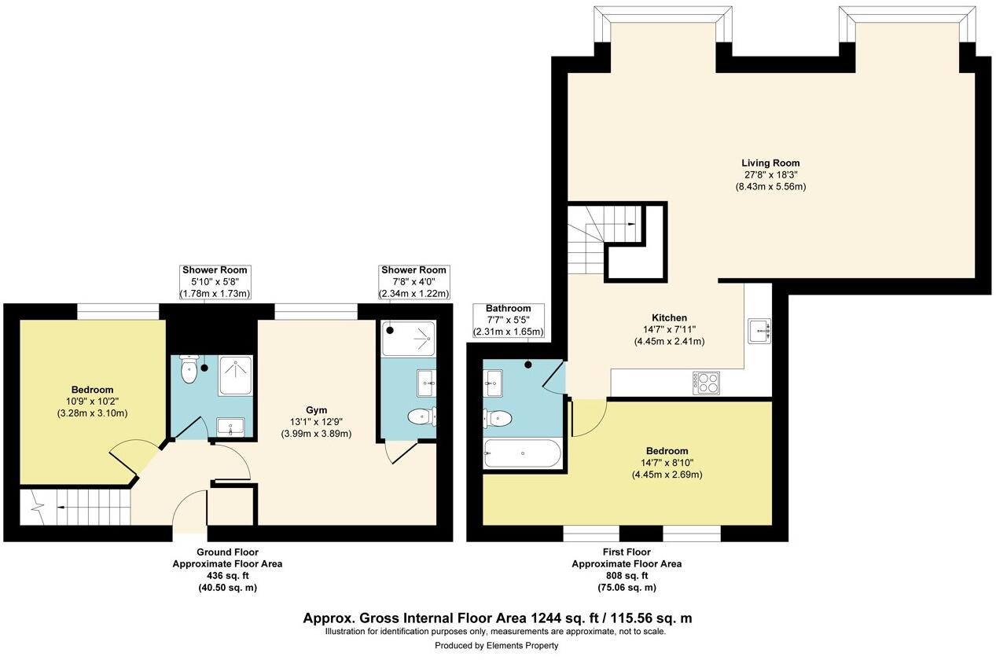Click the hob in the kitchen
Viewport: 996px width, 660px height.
[x=705, y=383]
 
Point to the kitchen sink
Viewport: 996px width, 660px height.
[x=759, y=331]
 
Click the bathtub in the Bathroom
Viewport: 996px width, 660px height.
[x=522, y=453]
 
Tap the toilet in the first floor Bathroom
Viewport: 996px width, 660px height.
[x=498, y=419]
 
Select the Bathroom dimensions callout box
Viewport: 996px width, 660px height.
[x=508, y=321]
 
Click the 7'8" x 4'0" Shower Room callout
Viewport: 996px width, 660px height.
[x=413, y=282]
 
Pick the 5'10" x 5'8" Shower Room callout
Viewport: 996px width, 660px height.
[x=215, y=282]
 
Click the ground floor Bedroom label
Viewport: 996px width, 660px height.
[x=93, y=390]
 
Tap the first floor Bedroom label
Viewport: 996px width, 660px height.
[x=667, y=451]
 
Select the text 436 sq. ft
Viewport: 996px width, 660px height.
[x=226, y=576]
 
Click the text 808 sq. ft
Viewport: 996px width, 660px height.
[x=626, y=576]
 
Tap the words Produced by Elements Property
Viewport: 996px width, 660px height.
[x=497, y=645]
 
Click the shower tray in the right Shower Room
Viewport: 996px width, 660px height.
[x=408, y=338]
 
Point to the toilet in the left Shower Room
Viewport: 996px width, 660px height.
[x=188, y=371]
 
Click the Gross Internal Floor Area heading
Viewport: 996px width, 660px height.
[x=497, y=618]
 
